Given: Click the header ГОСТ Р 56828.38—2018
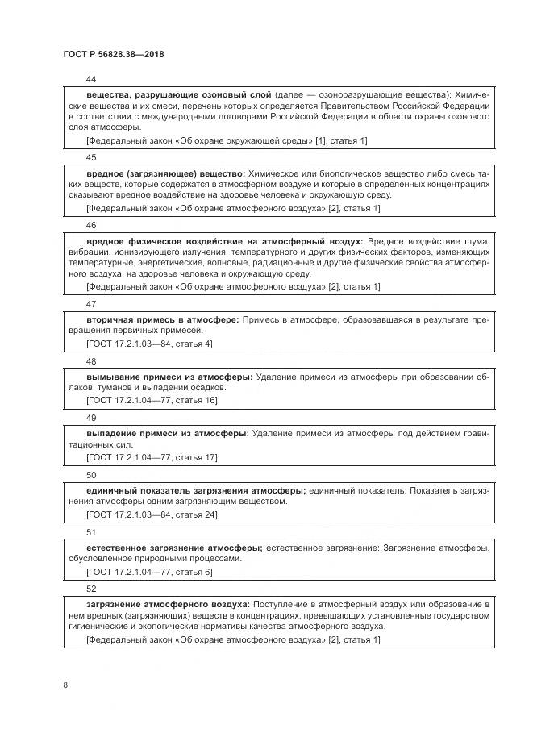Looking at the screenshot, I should click(x=114, y=55).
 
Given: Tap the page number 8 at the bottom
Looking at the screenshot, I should click(x=65, y=685).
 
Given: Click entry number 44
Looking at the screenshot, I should click(x=90, y=79).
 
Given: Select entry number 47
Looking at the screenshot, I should click(x=90, y=304).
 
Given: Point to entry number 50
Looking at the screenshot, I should click(x=90, y=475).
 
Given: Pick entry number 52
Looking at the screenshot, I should click(x=90, y=589).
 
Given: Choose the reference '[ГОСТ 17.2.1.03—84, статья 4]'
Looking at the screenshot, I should click(x=149, y=344).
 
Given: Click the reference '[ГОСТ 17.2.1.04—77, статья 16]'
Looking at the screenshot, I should click(x=152, y=401).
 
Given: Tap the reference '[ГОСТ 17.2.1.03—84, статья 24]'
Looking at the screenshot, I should click(x=152, y=514).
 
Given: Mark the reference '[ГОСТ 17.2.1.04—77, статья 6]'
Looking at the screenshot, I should click(x=149, y=572).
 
